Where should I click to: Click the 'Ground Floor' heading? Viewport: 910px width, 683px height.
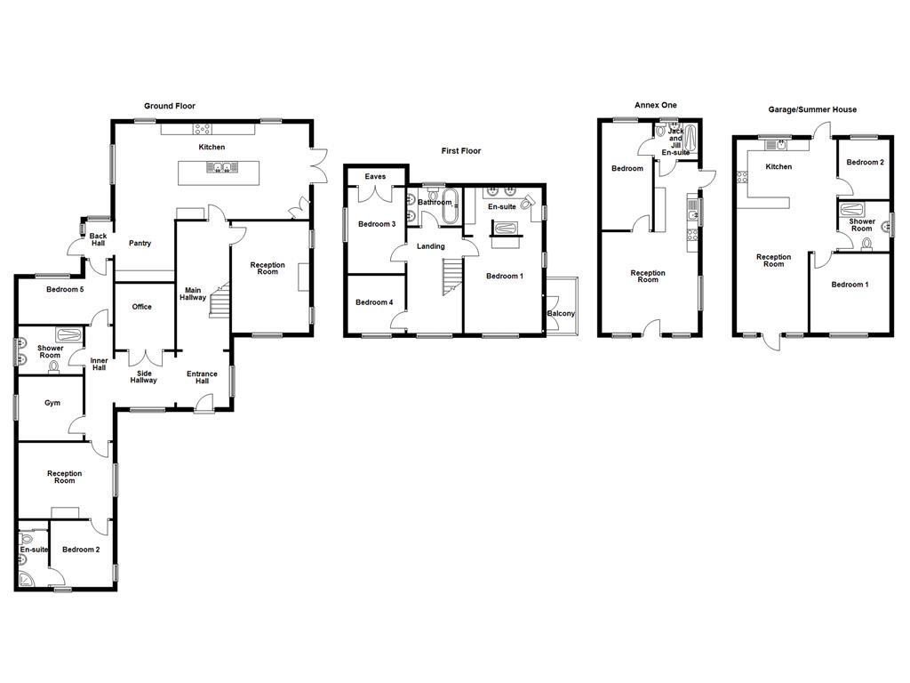[x=170, y=106]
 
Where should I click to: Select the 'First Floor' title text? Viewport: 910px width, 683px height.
[x=460, y=151]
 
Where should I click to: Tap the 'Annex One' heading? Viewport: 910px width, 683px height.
[x=655, y=105]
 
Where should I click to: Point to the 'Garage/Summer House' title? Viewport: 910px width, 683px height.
[x=812, y=109]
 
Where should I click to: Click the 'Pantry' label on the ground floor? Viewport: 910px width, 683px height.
[x=140, y=243]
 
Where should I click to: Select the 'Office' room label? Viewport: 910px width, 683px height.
[x=141, y=307]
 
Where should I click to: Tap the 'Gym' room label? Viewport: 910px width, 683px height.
[x=52, y=403]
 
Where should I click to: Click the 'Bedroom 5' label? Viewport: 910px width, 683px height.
[x=65, y=289]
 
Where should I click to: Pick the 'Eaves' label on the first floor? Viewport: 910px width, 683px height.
[x=376, y=176]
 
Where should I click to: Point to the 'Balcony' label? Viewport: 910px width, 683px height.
[x=561, y=314]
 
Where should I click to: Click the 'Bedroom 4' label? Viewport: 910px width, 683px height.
[x=374, y=302]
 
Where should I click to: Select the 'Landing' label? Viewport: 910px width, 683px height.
[x=431, y=246]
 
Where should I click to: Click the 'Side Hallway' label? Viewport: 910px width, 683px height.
[x=143, y=376]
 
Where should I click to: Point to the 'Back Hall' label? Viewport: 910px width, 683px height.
[x=98, y=240]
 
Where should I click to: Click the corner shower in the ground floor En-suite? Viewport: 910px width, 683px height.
[x=27, y=580]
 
